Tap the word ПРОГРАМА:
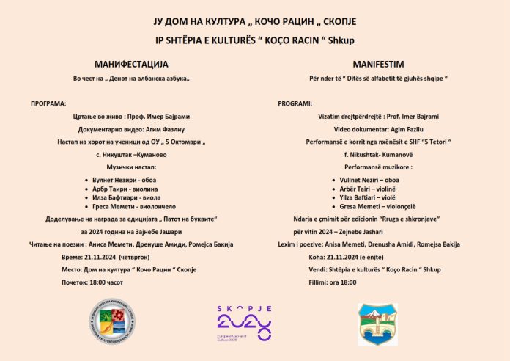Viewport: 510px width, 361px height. [48, 103]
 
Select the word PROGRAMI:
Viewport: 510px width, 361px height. [295, 103]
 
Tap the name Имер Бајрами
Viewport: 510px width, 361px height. [177, 116]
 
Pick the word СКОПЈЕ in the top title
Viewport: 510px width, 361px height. [338, 16]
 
